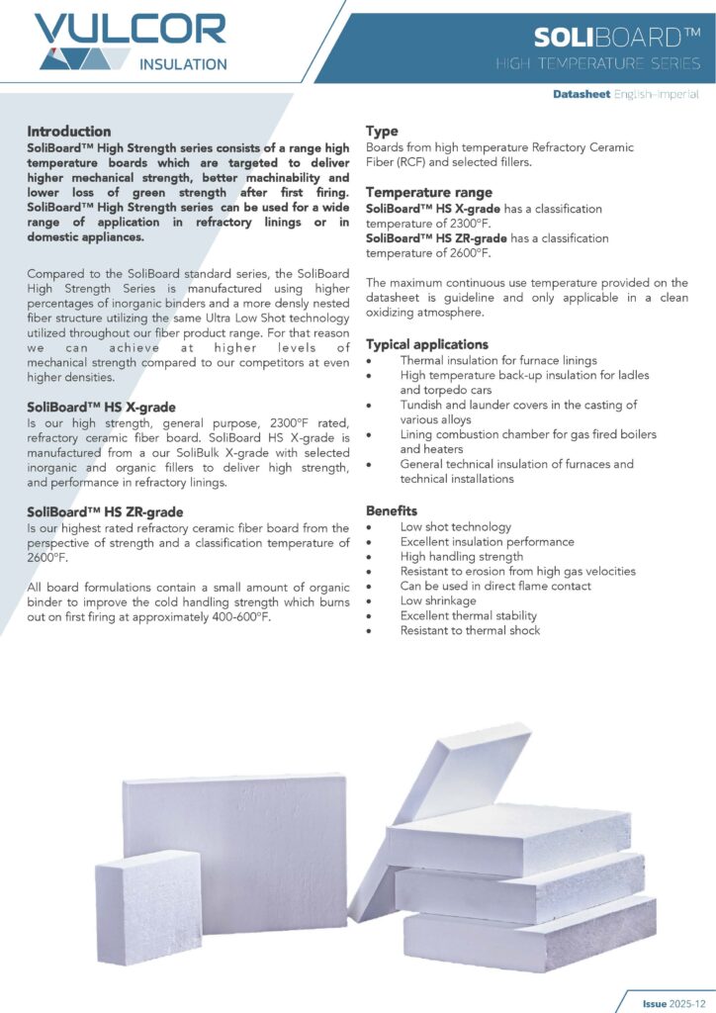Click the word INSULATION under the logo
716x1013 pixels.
pyautogui.click(x=182, y=64)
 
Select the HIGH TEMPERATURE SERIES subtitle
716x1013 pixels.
pyautogui.click(x=598, y=64)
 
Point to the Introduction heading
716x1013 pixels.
pyautogui.click(x=69, y=132)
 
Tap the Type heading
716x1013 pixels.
pyautogui.click(x=382, y=132)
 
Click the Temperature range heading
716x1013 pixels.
pyautogui.click(x=428, y=193)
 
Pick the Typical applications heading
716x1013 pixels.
pyautogui.click(x=427, y=344)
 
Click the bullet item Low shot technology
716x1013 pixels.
pyautogui.click(x=455, y=527)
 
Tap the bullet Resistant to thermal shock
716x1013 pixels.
pyautogui.click(x=470, y=630)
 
